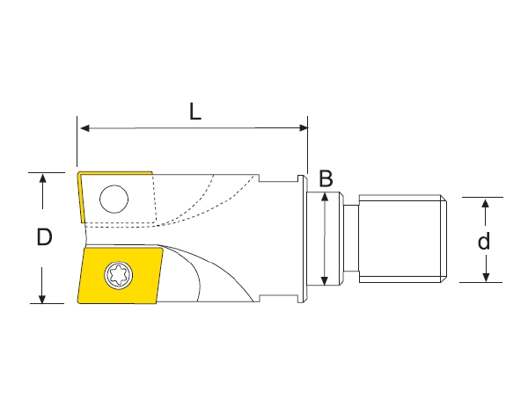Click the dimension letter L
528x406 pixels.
coord(195,112)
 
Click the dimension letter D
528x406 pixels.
coord(45,237)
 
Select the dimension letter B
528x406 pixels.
coord(326,179)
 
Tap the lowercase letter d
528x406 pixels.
coord(483,240)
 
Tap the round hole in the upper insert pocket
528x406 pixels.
coord(112,199)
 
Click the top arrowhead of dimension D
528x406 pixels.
coord(41,178)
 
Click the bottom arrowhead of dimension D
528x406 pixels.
coord(41,298)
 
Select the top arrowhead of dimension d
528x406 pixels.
coord(483,203)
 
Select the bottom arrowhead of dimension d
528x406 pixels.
coord(483,277)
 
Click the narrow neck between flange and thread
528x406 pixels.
coord(349,239)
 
